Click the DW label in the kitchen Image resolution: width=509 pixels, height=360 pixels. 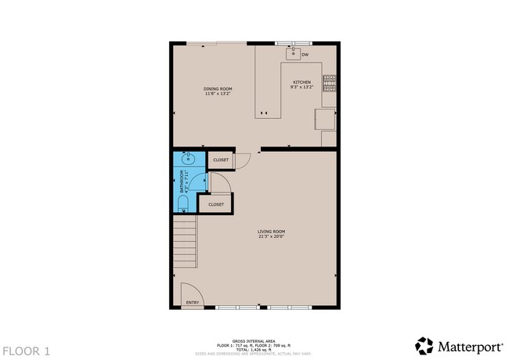(x=305, y=54)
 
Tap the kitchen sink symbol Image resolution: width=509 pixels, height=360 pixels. (x=294, y=53)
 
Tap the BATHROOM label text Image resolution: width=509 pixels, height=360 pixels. (x=182, y=181)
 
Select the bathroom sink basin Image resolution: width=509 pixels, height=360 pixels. (x=188, y=158)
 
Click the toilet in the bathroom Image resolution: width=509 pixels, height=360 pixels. (x=183, y=203)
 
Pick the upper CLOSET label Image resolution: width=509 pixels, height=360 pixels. (x=221, y=160)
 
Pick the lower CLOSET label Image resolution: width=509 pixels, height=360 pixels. (x=216, y=205)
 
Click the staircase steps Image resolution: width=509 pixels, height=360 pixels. (x=185, y=242)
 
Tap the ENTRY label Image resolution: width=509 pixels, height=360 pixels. (x=192, y=302)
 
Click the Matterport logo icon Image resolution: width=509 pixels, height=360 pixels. (x=424, y=345)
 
